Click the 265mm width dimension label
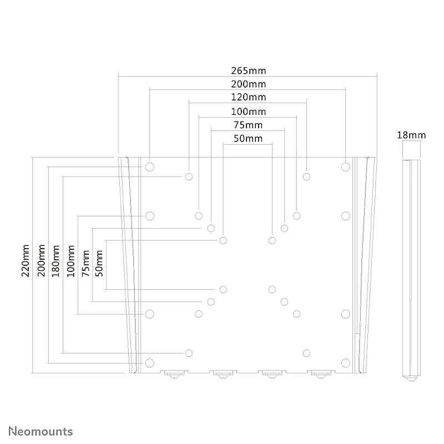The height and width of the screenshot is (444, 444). [x=248, y=70]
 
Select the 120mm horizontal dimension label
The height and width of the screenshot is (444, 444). [x=248, y=97]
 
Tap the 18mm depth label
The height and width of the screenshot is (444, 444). [x=411, y=135]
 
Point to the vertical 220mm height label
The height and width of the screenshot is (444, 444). [x=26, y=261]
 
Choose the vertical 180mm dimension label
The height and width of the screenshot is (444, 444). [x=56, y=261]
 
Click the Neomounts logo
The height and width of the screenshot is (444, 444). [x=41, y=431]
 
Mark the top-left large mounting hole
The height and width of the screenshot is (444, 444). [x=149, y=167]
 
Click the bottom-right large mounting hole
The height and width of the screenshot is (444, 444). [x=345, y=363]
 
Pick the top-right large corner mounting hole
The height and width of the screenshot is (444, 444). [x=345, y=167]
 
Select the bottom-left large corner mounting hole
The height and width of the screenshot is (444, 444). [x=149, y=363]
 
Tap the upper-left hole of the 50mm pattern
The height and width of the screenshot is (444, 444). [x=223, y=240]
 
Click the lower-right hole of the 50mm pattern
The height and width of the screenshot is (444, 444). [x=272, y=289]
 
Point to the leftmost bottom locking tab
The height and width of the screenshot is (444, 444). [x=174, y=374]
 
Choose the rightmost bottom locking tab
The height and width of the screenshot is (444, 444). [x=321, y=374]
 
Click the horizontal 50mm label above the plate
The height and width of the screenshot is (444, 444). [x=248, y=138]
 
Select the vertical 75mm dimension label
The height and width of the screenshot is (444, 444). [x=85, y=263]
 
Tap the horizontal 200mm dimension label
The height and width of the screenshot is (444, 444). [x=248, y=84]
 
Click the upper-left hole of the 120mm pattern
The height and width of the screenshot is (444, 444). [x=189, y=176]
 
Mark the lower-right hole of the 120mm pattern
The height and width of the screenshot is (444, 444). [x=306, y=353]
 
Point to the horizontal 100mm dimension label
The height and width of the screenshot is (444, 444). [x=248, y=112]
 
